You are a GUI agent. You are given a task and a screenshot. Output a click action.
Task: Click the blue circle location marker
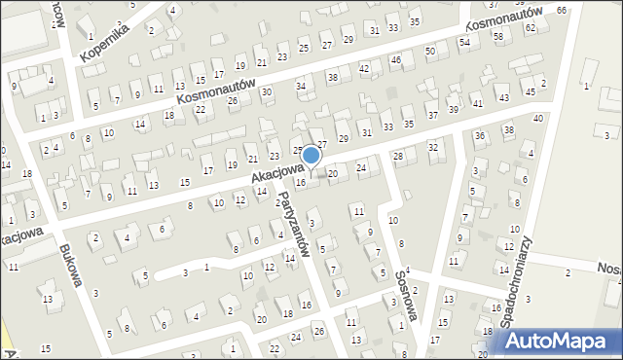[x=311, y=155]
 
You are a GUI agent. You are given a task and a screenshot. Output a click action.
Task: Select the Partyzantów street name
[x=293, y=223]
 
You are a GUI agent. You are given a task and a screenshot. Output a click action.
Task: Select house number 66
[x=562, y=10]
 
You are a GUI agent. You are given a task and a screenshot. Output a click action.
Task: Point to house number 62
[x=531, y=28]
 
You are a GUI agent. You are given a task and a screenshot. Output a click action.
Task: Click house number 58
[x=498, y=36]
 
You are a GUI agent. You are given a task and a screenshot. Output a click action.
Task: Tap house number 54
[x=464, y=43]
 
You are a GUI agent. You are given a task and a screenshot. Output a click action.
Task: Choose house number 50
[x=429, y=51]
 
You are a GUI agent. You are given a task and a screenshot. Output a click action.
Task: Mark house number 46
[x=396, y=60]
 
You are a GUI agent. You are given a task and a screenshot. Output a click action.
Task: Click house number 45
[x=531, y=91]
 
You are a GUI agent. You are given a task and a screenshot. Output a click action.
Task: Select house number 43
[x=503, y=98]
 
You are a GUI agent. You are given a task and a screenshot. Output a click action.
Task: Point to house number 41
[x=477, y=103]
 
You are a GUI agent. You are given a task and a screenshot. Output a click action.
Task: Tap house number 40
[x=537, y=119]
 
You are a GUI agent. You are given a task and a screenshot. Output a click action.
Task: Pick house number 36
[x=480, y=135]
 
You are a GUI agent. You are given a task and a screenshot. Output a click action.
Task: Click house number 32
[x=433, y=147]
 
